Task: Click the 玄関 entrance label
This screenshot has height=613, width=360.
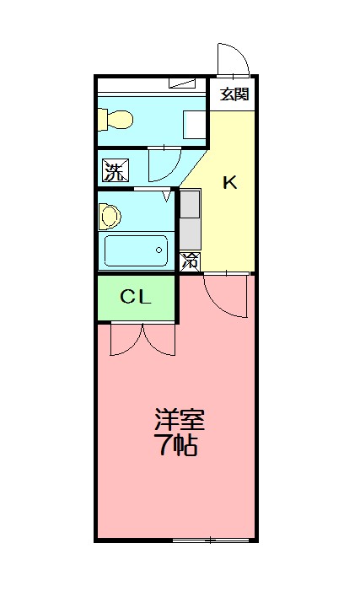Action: (x=234, y=94)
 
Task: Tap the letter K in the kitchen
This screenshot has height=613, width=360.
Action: (x=228, y=182)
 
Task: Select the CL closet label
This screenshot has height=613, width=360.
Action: (x=135, y=297)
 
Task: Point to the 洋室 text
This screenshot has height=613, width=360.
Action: (x=179, y=419)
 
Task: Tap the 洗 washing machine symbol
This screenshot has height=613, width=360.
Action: (x=113, y=170)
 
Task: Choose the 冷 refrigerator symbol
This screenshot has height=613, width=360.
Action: (x=191, y=261)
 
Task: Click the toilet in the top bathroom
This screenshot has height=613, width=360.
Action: (x=115, y=120)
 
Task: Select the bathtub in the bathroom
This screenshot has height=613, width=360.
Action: (x=136, y=250)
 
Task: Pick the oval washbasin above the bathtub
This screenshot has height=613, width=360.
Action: (x=109, y=215)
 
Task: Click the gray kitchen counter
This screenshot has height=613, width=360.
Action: (x=191, y=219)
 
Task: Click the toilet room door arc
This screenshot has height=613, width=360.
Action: (x=164, y=164)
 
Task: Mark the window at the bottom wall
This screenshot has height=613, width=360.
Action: (x=211, y=539)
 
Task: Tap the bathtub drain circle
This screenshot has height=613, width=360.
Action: (x=160, y=250)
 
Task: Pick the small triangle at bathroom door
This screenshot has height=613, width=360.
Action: (x=167, y=196)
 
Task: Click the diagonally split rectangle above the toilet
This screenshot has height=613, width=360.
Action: (x=182, y=83)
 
